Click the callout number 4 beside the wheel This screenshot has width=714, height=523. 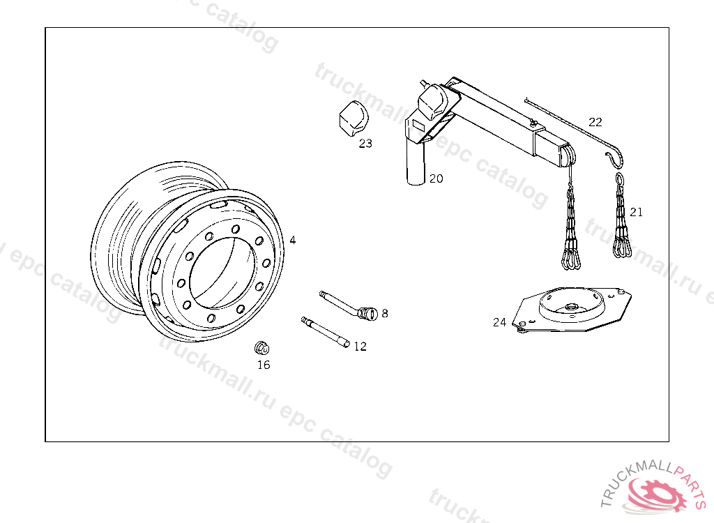[293, 240]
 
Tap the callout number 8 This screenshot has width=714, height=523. [385, 313]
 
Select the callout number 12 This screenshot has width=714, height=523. [360, 347]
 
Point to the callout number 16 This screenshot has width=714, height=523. [264, 365]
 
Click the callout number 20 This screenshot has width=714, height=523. [436, 179]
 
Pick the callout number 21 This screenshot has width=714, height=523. [637, 212]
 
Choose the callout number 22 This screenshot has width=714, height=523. [595, 122]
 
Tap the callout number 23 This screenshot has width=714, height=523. [365, 144]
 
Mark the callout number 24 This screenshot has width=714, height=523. [499, 323]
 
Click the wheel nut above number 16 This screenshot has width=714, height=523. [262, 348]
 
